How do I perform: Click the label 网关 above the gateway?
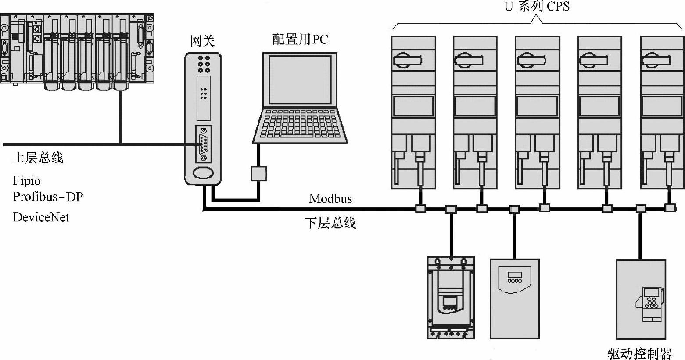tap(202, 41)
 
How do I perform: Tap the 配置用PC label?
tap(300, 40)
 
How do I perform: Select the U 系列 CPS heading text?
tap(537, 6)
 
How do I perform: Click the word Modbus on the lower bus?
tap(330, 199)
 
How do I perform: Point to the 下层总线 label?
tap(330, 223)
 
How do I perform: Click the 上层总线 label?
tap(38, 158)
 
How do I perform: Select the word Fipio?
tap(27, 181)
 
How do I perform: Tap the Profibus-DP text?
tap(48, 196)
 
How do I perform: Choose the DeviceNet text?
tap(41, 217)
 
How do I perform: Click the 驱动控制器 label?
tap(640, 353)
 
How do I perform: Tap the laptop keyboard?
tap(300, 124)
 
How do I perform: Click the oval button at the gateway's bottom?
tap(203, 173)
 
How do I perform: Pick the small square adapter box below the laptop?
tap(259, 174)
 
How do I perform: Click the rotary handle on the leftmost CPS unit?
tap(408, 60)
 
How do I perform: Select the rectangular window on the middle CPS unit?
tap(537, 106)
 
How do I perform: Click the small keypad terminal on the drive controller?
tap(649, 304)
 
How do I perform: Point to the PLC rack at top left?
tap(76, 52)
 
